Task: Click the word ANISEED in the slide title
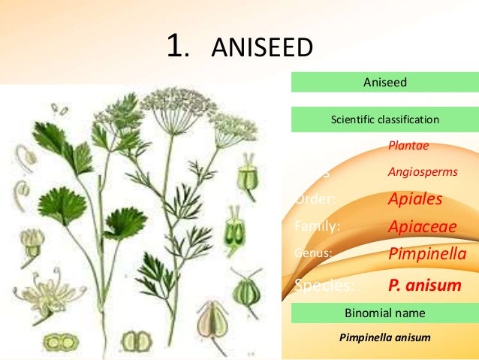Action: [261, 49]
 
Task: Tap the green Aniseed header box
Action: [384, 82]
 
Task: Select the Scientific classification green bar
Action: [384, 119]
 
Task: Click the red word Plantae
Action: [409, 146]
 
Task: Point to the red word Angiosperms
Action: [422, 172]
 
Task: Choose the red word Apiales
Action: [414, 200]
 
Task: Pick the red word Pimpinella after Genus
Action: [426, 255]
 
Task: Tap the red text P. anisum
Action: [424, 286]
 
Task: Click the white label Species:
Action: [325, 286]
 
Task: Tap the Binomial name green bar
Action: [384, 313]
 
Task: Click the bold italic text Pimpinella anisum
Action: [384, 337]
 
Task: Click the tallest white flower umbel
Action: [168, 101]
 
